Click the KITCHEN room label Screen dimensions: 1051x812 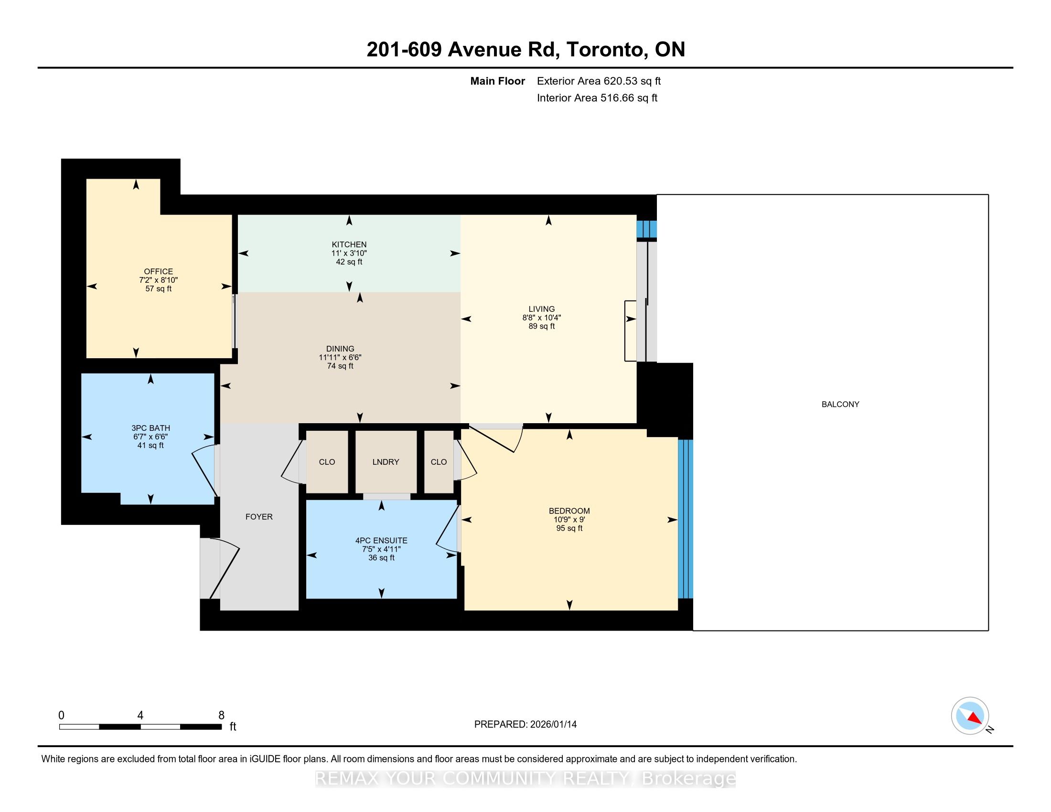point(349,245)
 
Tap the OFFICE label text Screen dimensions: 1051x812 point(158,271)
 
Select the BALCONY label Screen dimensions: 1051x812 point(840,404)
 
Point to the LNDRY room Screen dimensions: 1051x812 point(386,462)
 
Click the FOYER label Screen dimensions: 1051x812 point(259,517)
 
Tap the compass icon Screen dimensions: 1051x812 point(970,716)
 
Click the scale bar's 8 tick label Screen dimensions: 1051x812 point(221,716)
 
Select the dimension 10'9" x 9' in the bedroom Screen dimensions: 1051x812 point(569,520)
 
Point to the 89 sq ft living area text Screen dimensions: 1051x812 point(542,326)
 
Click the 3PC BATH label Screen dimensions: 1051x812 point(150,428)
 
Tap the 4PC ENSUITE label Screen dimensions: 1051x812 point(381,541)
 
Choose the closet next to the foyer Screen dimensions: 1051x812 point(327,462)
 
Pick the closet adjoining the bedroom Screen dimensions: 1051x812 point(439,462)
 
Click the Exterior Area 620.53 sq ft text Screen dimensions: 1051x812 point(599,81)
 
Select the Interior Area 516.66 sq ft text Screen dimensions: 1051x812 point(597,98)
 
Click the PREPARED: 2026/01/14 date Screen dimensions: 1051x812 point(525,725)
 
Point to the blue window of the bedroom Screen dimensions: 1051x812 point(685,519)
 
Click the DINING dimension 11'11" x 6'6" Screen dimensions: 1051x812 point(340,357)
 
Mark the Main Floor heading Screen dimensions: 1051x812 point(498,81)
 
